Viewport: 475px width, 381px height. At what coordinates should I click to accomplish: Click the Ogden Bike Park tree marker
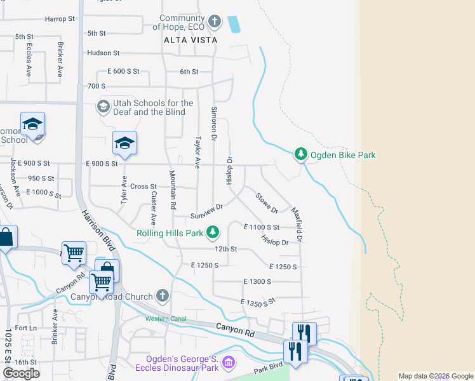(x=301, y=154)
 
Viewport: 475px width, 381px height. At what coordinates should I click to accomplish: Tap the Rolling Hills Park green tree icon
(x=214, y=233)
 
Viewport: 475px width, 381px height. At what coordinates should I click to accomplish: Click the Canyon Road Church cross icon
(x=163, y=296)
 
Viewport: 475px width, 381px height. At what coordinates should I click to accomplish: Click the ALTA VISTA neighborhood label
(x=191, y=40)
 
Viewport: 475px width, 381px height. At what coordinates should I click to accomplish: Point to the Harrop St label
(x=60, y=20)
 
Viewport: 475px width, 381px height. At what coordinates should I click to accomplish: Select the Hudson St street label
(x=104, y=53)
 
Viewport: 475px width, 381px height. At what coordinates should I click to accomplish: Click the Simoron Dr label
(x=214, y=124)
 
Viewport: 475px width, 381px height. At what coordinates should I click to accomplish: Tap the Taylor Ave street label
(x=197, y=152)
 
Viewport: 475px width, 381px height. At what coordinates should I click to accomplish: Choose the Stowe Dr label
(x=267, y=202)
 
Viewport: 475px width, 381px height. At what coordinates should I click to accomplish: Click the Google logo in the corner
(x=21, y=373)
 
